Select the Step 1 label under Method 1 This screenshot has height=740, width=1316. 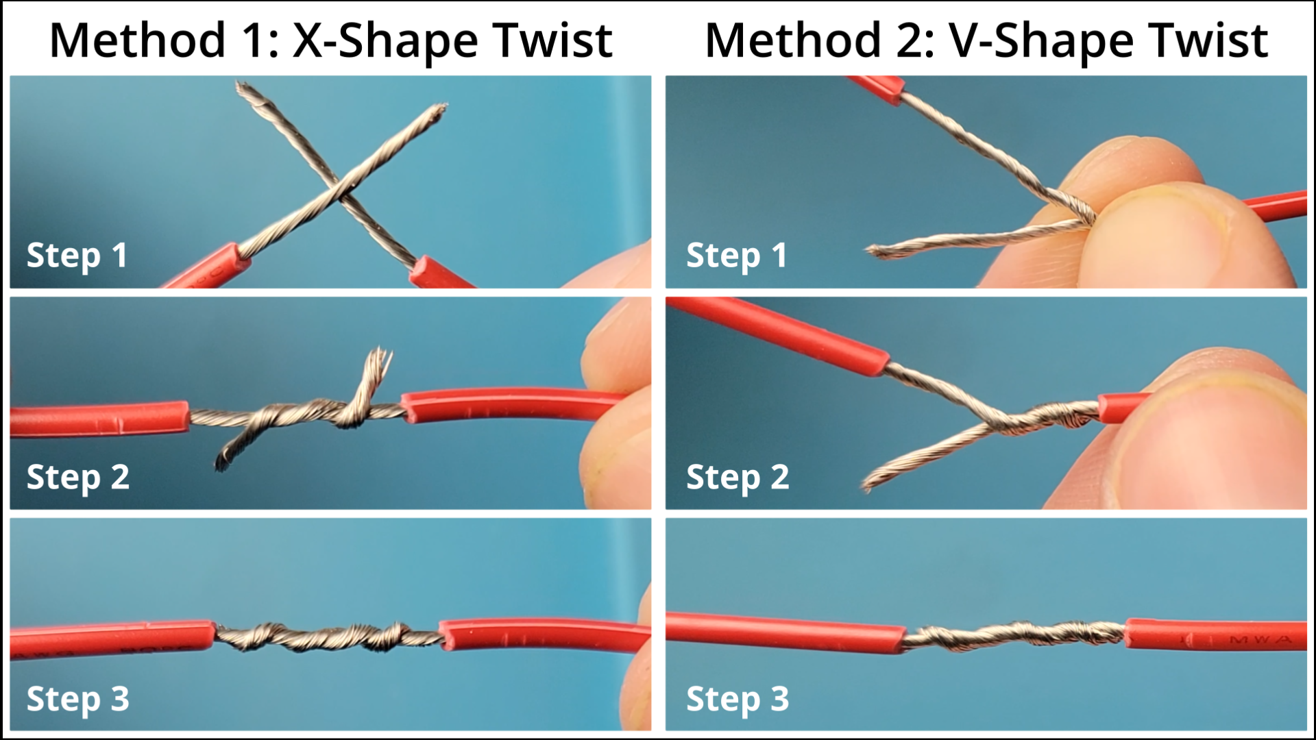pos(77,256)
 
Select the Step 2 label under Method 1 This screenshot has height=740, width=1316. pos(77,478)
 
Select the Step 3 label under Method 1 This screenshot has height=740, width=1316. pos(77,700)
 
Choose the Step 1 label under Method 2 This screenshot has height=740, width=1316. pos(737,256)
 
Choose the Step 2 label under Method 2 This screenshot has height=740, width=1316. pos(738,478)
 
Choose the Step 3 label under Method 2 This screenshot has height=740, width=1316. pos(738,700)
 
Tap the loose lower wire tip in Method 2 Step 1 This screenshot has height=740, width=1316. pos(874,251)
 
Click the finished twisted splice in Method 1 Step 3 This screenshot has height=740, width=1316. pos(328,637)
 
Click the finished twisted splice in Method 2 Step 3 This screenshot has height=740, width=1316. pos(1014,635)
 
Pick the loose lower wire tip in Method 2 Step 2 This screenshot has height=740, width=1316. pos(869,484)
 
